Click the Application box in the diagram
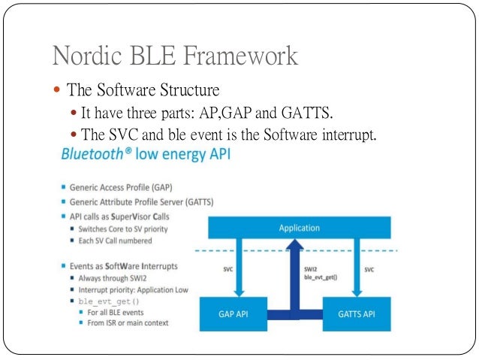(299, 228)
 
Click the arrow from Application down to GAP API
(237, 268)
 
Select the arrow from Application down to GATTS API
(357, 268)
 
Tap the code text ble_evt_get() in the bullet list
(106, 301)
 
